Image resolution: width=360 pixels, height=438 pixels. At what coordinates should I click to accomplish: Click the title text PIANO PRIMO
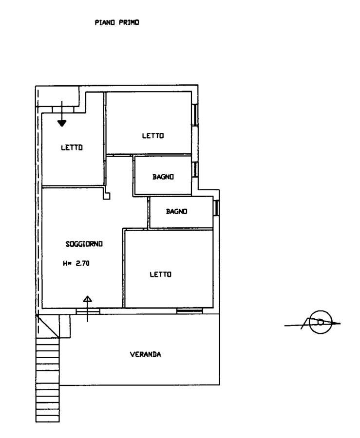click(117, 22)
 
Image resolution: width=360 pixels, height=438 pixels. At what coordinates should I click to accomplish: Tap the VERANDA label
click(145, 354)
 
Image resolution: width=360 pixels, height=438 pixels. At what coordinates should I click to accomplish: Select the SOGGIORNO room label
click(84, 244)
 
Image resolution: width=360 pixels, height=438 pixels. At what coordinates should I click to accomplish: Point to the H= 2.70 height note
click(76, 263)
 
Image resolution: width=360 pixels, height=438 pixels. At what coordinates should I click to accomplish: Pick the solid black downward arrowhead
click(62, 123)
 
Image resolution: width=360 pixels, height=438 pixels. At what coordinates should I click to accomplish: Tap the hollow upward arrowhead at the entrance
click(88, 299)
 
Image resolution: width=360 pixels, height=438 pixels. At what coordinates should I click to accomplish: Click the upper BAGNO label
click(163, 177)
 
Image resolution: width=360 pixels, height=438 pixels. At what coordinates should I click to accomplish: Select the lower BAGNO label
click(177, 212)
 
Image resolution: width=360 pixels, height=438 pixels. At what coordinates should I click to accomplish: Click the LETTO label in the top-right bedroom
click(153, 136)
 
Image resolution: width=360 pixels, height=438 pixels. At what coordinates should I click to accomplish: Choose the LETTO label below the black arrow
click(72, 147)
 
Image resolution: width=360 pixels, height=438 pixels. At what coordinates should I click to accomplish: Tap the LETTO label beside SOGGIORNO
click(160, 274)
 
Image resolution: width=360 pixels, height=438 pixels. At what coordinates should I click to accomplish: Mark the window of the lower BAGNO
click(216, 208)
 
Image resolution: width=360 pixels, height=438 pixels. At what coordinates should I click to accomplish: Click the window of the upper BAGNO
click(195, 169)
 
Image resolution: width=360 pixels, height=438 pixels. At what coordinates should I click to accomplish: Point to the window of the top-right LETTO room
click(195, 114)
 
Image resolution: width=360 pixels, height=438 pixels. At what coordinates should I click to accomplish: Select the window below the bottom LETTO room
click(189, 310)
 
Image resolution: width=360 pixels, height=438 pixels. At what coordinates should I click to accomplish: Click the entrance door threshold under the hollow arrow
click(88, 311)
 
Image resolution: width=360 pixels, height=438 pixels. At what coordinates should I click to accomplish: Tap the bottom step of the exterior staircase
click(48, 419)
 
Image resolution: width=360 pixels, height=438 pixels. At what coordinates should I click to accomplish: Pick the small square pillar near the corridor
click(107, 196)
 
